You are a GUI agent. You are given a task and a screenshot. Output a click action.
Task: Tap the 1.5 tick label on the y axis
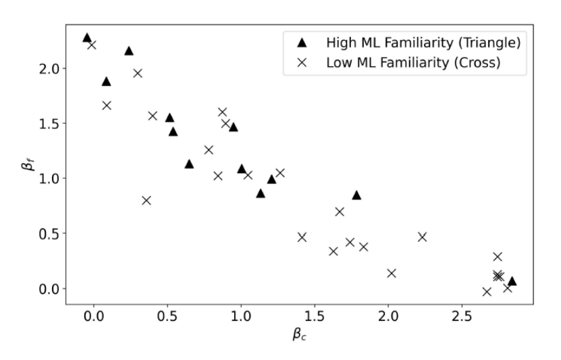(x=53, y=124)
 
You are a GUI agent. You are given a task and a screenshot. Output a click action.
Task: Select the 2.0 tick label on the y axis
(x=53, y=68)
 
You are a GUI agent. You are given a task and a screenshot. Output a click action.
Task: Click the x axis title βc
(x=300, y=334)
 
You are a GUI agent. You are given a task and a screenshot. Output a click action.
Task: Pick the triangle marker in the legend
(x=302, y=43)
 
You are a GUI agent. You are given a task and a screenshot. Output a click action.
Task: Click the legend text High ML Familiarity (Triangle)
(x=423, y=43)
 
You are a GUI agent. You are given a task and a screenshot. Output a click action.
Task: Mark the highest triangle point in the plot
(x=86, y=38)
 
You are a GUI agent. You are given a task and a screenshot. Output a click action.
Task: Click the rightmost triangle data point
(x=512, y=281)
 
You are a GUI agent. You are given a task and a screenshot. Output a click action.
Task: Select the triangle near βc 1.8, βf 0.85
(x=356, y=195)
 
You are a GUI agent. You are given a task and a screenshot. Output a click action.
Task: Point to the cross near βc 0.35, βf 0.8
(x=146, y=200)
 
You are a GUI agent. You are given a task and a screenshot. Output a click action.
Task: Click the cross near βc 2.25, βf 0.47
(x=422, y=236)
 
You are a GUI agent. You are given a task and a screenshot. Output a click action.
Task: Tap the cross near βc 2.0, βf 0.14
(x=391, y=273)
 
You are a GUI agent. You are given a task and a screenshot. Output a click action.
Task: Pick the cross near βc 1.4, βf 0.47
(x=302, y=236)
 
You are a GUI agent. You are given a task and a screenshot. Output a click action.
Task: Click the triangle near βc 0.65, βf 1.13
(x=189, y=164)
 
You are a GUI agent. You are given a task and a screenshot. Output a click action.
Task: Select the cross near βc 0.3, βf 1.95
(x=138, y=73)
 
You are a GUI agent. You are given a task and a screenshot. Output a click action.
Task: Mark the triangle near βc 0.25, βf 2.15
(x=129, y=51)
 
